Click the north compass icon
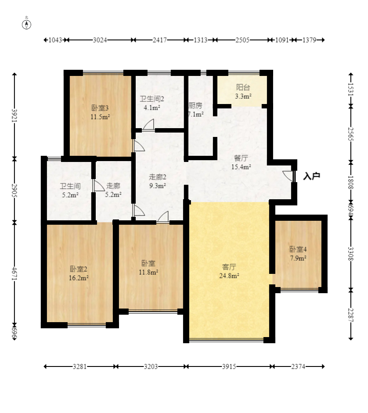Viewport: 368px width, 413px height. [x=26, y=23]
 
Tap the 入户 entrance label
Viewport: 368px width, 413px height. [x=312, y=176]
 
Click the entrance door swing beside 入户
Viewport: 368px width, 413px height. [x=288, y=176]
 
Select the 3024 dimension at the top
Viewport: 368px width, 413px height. [x=100, y=40]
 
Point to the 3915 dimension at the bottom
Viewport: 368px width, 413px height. [x=229, y=366]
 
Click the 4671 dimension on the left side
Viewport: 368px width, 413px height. [x=14, y=274]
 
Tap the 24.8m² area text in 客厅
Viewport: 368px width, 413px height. [x=229, y=276]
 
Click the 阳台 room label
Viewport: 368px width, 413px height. [x=243, y=87]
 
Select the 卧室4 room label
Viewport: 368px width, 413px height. [x=298, y=249]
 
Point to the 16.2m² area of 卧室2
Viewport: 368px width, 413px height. [x=79, y=278]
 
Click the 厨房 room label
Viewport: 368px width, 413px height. [x=195, y=105]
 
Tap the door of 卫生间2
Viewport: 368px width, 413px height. [x=148, y=124]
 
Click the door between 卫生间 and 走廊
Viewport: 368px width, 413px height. [x=99, y=185]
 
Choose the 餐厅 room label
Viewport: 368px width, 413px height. [x=241, y=158]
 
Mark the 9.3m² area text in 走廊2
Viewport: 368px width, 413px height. [x=158, y=186]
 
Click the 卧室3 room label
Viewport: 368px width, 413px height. [x=100, y=108]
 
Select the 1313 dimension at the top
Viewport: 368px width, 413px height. [x=200, y=40]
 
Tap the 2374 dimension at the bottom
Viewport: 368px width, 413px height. [x=298, y=366]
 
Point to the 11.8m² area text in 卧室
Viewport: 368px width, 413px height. [x=149, y=272]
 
